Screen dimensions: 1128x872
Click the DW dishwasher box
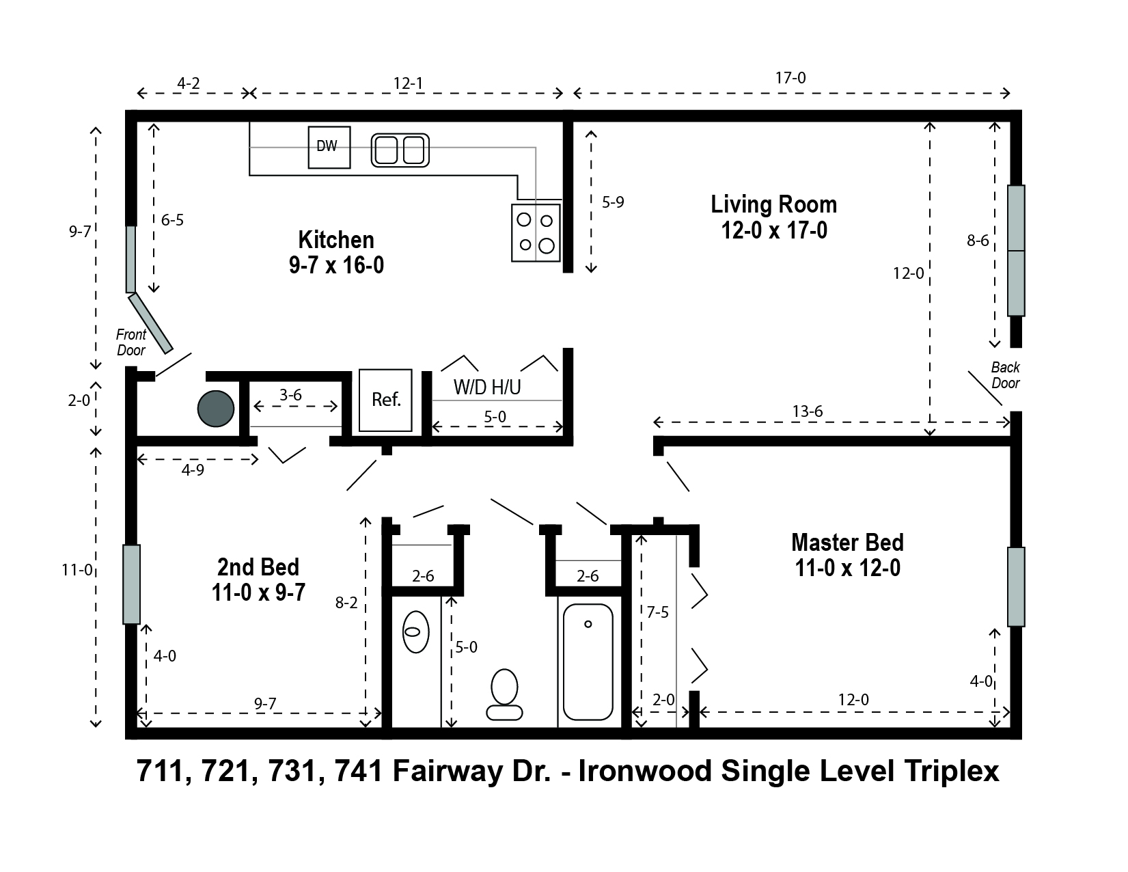329,148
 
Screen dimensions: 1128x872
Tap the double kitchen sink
400,150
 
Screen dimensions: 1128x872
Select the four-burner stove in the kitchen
536,232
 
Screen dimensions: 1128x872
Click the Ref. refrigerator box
386,400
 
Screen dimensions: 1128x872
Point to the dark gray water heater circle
216,409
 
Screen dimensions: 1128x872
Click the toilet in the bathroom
504,694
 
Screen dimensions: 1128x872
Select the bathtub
588,662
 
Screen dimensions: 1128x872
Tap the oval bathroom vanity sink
416,631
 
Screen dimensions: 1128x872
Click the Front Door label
131,342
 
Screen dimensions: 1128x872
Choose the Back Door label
1006,375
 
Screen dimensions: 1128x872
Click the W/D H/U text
487,387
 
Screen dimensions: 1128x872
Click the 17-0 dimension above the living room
790,78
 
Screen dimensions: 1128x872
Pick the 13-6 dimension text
808,411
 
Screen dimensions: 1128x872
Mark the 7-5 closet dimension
658,612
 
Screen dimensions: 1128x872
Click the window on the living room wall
1017,251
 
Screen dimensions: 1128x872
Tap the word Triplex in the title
952,771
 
